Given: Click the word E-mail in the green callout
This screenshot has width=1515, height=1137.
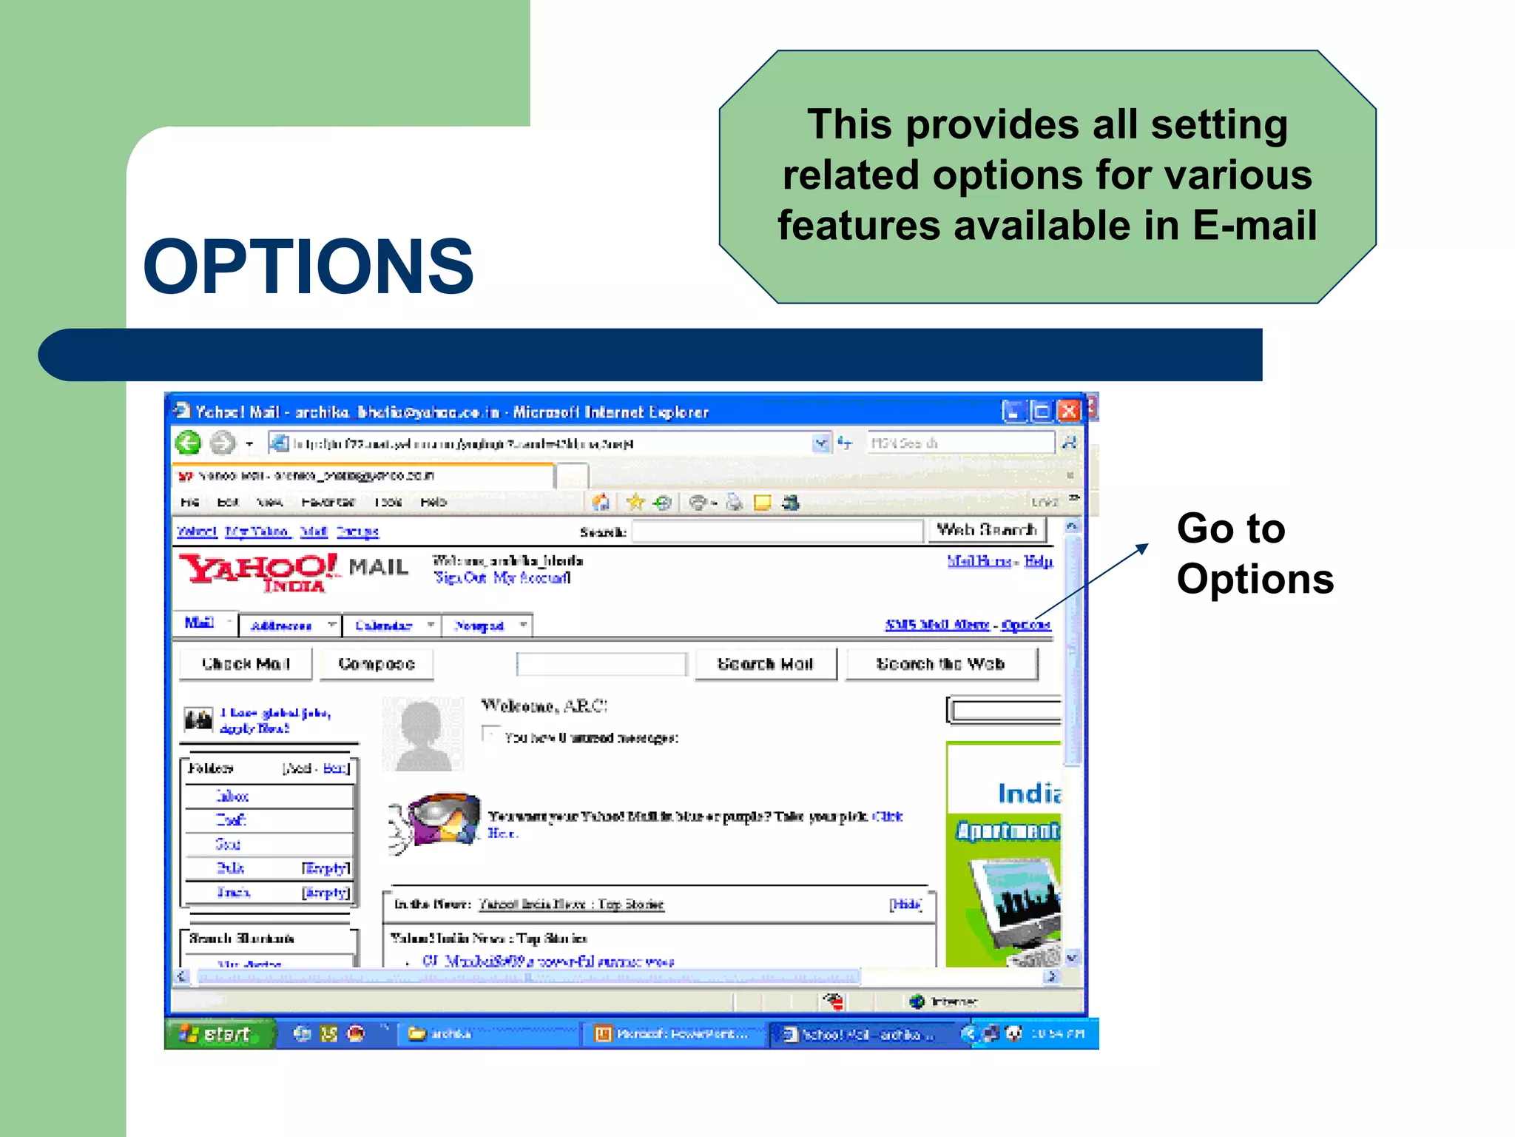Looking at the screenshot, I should pos(1255,225).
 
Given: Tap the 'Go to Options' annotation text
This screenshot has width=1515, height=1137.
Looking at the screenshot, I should pos(1255,554).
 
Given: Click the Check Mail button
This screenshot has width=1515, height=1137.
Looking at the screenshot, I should pos(246,664).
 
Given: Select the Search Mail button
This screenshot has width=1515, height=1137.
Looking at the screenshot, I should pos(765,664).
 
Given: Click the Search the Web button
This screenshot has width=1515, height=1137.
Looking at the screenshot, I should pos(940,664).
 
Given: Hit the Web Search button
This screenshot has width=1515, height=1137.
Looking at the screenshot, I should pos(986,530).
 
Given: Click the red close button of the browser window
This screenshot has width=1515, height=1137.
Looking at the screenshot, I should pos(1068,411).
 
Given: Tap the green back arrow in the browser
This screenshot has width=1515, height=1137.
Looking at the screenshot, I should pos(188,443).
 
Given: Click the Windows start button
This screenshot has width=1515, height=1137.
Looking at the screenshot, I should pos(219,1033).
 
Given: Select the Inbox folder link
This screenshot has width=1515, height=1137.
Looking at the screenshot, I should pos(232,796).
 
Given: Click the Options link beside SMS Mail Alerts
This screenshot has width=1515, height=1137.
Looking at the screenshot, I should pos(1026,625).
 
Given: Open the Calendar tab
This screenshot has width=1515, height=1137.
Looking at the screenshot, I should pos(383,625).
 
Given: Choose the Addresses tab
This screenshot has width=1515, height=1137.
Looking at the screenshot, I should pos(281,625).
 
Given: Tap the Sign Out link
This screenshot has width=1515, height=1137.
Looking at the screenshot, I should pos(460,577).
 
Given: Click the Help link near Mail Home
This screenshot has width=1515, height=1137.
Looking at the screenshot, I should pos(1038,561).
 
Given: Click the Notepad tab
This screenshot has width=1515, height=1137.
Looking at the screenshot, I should pos(479,625).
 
